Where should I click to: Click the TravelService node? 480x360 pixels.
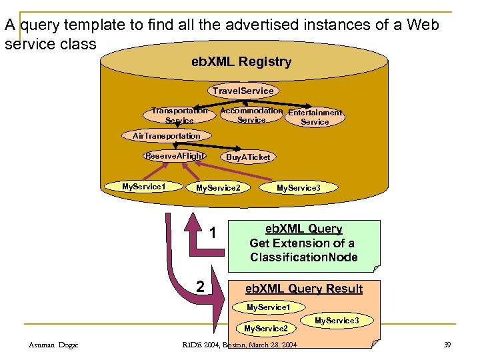[x=243, y=91]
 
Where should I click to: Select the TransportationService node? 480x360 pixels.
[x=179, y=115]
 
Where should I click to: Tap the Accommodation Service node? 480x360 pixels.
[x=251, y=115]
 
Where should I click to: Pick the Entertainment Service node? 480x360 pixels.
[x=315, y=117]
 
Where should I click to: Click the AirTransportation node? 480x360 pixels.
[x=167, y=136]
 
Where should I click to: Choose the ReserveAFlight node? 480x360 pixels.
[x=175, y=156]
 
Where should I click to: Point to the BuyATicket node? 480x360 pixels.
[x=248, y=157]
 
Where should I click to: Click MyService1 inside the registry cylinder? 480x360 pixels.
[x=144, y=187]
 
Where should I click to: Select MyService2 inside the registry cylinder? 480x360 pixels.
[x=218, y=188]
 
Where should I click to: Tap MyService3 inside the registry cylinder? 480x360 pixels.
[x=299, y=188]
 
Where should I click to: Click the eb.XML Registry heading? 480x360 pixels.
[x=241, y=62]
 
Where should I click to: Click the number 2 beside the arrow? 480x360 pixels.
[x=199, y=287]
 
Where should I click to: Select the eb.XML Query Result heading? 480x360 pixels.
[x=304, y=289]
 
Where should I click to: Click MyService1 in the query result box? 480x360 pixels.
[x=269, y=307]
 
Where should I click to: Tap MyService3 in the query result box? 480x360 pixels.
[x=337, y=321]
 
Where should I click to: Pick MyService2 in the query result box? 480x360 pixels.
[x=266, y=329]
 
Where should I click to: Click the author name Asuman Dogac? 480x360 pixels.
[x=53, y=345]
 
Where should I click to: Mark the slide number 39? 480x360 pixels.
[x=447, y=345]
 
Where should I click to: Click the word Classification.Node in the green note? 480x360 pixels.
[x=304, y=257]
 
